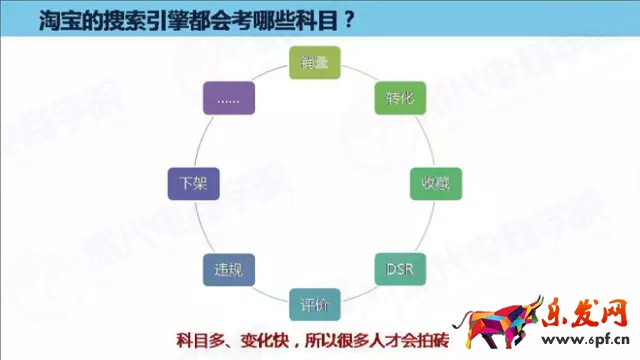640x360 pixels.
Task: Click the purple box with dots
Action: [x=229, y=98]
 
